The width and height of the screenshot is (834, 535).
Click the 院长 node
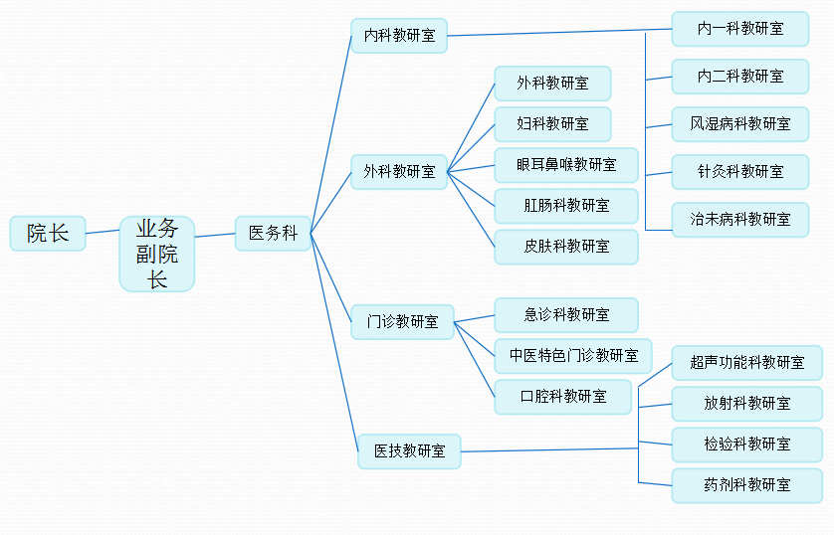[x=48, y=234]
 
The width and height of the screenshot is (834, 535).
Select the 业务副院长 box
[x=157, y=255]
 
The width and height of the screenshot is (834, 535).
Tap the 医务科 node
[x=273, y=234]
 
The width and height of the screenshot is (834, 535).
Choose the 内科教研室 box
[x=399, y=36]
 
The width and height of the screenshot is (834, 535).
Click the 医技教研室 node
[x=409, y=450]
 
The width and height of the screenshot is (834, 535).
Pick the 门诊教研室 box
[x=402, y=321]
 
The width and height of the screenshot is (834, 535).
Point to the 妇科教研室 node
[x=552, y=124]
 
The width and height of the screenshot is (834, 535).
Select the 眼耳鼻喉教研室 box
[x=565, y=164]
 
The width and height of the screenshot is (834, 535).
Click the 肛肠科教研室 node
[x=565, y=206]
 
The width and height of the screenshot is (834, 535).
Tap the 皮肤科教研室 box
[x=565, y=246]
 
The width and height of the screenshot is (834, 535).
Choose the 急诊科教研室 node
[x=565, y=315]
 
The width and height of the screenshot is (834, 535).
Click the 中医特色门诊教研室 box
[x=573, y=355]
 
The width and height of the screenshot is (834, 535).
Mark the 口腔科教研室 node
[x=562, y=396]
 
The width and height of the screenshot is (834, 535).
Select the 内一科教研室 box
[x=739, y=29]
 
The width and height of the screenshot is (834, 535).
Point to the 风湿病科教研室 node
[x=739, y=124]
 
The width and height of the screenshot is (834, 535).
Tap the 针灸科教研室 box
[x=739, y=171]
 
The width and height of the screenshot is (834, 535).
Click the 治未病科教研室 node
[x=739, y=219]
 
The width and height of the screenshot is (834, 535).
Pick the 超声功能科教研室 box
[x=746, y=363]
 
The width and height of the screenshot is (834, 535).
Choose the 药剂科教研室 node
[x=746, y=485]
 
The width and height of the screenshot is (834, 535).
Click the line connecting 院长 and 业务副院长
[x=103, y=232]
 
